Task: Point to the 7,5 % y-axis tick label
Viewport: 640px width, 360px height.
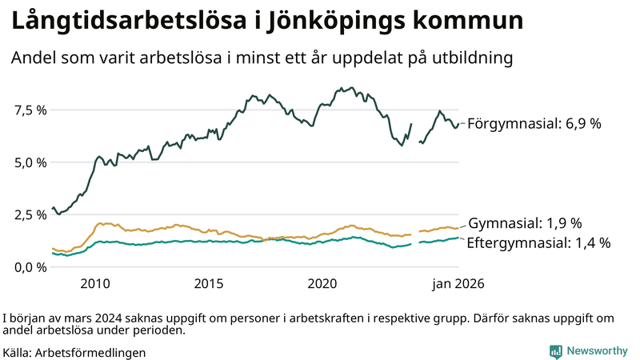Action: tap(30, 110)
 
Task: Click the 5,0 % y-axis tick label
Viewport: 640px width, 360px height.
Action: tap(30, 162)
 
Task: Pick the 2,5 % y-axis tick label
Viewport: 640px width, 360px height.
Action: tap(30, 214)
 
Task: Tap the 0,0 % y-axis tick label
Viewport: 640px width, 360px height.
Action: tap(30, 267)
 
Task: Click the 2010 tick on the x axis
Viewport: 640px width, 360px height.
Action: tap(94, 283)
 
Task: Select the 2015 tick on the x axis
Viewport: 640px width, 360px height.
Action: tap(209, 283)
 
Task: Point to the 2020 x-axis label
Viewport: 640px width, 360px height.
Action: tap(323, 283)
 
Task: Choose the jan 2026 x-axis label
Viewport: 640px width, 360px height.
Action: tap(458, 283)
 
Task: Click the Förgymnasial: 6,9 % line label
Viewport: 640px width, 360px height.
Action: tap(534, 124)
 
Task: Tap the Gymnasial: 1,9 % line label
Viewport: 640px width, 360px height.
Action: tap(524, 223)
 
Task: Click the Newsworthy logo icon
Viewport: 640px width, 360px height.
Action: tap(555, 351)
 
